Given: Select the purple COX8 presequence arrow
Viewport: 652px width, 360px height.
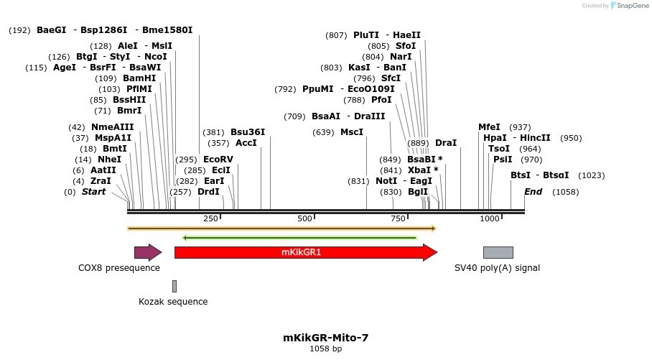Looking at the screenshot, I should point(147,252).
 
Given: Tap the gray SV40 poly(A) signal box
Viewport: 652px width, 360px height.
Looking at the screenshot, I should point(498,252).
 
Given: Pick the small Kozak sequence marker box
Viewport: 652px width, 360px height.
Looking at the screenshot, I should point(174,286).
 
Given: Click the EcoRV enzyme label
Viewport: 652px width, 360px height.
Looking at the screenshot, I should point(218,159).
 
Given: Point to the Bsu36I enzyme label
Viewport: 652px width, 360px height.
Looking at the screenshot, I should point(248,132).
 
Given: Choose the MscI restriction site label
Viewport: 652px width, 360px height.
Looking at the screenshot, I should point(352,132).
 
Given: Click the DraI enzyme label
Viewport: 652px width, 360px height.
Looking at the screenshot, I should point(446,143).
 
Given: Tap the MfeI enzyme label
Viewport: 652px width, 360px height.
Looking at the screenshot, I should point(489,127).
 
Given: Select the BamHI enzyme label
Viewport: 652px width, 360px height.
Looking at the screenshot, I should point(139,78).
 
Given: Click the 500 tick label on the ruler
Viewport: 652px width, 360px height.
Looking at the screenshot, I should point(305,218).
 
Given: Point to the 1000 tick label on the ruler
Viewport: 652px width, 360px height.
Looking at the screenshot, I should point(490,218).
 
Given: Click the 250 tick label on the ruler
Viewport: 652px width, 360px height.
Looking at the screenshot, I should point(210,218).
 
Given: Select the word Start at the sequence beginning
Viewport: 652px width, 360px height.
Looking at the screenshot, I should point(93,192).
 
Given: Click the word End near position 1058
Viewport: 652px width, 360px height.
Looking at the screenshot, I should point(534,192).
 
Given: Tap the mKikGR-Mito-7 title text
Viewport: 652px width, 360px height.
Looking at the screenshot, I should point(325,337).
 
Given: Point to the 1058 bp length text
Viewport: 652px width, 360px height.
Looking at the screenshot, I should point(325,349).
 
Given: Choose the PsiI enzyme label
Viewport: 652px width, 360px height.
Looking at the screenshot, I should point(503,160).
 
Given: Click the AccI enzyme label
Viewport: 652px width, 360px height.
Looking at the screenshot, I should point(246,143).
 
